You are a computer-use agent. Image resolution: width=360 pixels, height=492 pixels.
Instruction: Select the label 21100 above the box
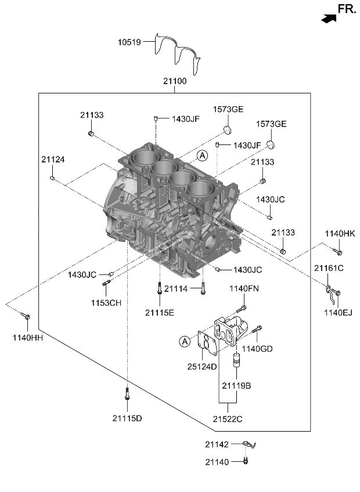[174, 82]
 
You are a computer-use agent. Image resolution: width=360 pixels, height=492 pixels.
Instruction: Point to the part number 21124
[53, 159]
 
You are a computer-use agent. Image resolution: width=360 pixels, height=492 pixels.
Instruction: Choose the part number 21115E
[160, 312]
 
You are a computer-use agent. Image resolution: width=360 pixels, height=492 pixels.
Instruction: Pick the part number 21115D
[127, 418]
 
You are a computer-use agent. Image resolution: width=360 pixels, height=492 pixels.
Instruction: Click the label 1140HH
[23, 337]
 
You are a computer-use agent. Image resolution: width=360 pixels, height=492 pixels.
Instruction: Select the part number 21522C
[227, 418]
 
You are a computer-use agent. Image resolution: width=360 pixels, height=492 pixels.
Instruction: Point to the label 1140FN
[243, 288]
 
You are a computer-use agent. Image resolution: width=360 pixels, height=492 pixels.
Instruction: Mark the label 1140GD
[257, 349]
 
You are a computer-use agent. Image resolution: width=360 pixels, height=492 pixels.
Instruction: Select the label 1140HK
[340, 233]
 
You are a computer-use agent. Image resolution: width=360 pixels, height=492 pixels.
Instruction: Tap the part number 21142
[218, 444]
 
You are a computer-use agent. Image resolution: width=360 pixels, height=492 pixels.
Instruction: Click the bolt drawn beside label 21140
[245, 461]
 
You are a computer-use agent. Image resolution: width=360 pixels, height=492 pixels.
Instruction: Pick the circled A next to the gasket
[185, 341]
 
